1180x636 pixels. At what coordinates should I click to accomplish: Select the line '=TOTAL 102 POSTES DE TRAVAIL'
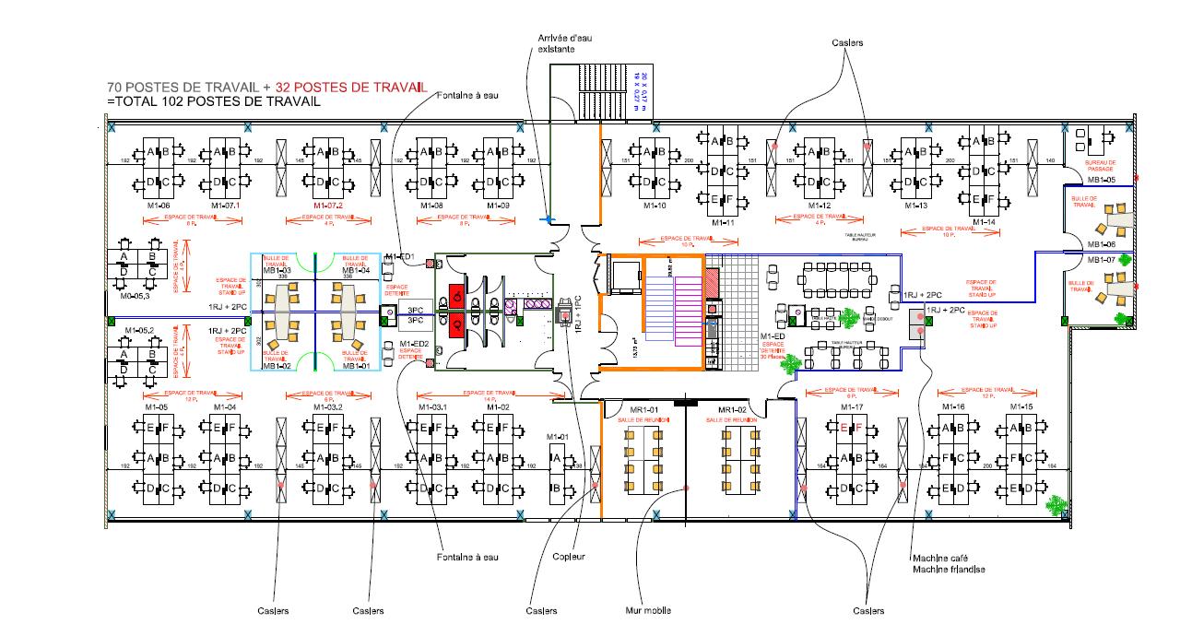[214, 101]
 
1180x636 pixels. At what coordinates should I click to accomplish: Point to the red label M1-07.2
[328, 206]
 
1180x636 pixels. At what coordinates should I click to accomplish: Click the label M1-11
[723, 223]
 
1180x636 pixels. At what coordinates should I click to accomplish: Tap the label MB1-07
[1102, 260]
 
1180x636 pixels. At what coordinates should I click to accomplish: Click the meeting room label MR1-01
[643, 409]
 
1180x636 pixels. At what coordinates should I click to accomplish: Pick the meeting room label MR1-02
[732, 409]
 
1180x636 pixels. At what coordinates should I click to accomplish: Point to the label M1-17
[851, 406]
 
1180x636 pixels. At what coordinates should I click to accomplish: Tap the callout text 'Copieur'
[569, 556]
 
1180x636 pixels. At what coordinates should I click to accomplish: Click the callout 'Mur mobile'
[648, 610]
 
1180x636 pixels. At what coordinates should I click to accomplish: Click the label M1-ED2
[414, 344]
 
